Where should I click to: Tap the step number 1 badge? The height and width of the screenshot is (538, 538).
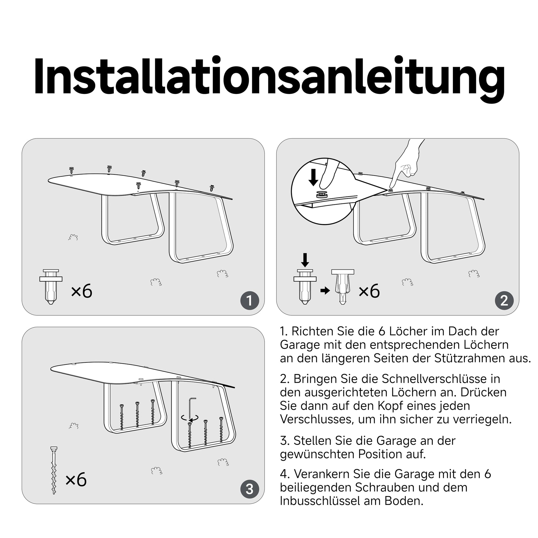pos(249,301)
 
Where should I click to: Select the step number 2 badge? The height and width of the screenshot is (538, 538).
pos(504,301)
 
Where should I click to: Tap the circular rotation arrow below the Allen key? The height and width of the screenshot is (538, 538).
pos(190,418)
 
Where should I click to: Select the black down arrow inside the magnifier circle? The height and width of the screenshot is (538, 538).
pos(313,177)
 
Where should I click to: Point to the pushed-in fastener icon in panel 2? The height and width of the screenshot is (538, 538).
pos(343,286)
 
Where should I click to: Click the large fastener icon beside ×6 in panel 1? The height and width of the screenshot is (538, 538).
pos(51,286)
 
